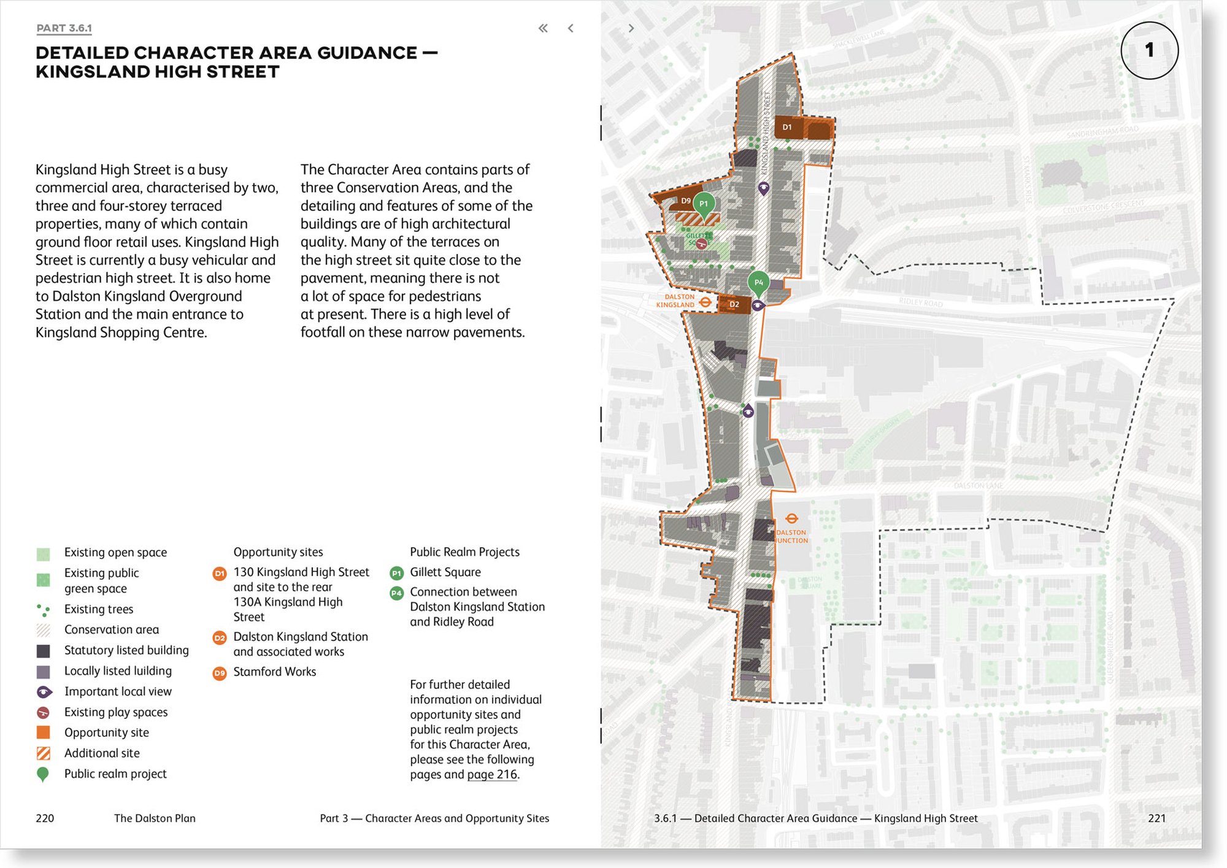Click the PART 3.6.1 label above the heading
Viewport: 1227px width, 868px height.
tap(64, 28)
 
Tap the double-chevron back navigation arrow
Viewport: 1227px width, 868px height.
tap(543, 28)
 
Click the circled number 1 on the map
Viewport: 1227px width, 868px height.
tap(1149, 50)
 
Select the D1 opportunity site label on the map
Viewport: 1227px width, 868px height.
tap(787, 128)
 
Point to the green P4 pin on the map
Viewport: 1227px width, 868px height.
tap(758, 282)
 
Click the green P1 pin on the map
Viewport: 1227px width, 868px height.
tap(704, 204)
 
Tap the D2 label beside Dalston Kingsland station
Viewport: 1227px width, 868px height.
tap(734, 304)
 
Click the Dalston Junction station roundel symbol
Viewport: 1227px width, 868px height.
tap(791, 519)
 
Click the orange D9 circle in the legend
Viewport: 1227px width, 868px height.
tap(219, 673)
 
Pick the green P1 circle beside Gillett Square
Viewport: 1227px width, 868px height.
tap(396, 573)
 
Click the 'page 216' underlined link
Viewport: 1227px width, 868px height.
tap(492, 774)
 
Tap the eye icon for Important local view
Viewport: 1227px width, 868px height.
tap(44, 692)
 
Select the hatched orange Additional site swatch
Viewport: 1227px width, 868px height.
tap(44, 753)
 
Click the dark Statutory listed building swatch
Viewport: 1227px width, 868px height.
tap(44, 651)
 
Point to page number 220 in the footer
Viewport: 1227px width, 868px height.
tap(45, 818)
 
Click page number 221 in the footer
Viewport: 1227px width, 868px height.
tap(1156, 818)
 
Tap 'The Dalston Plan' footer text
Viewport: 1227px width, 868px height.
tap(155, 818)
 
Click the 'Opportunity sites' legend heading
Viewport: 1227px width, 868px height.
tap(278, 552)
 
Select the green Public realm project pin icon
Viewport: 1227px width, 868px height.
tap(43, 775)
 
